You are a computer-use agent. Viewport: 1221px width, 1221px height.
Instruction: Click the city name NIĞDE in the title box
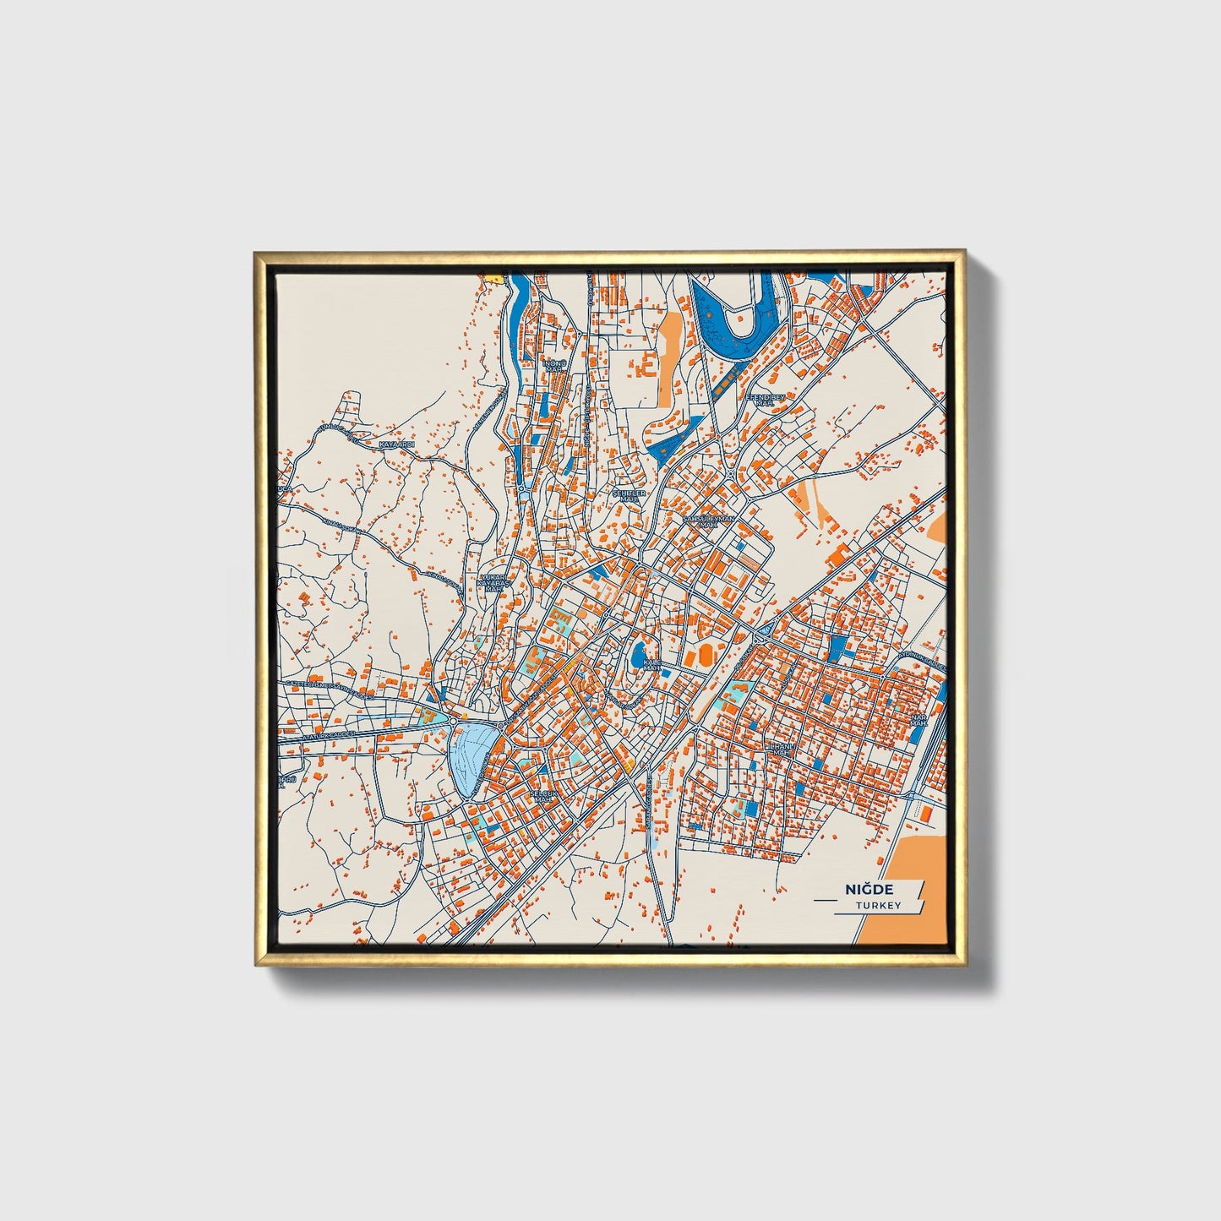[869, 889]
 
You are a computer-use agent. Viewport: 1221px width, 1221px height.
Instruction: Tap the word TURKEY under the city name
[878, 905]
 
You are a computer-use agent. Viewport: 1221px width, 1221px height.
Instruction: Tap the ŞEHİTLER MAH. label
[629, 496]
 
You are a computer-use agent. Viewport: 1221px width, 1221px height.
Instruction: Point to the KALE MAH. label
[651, 665]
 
